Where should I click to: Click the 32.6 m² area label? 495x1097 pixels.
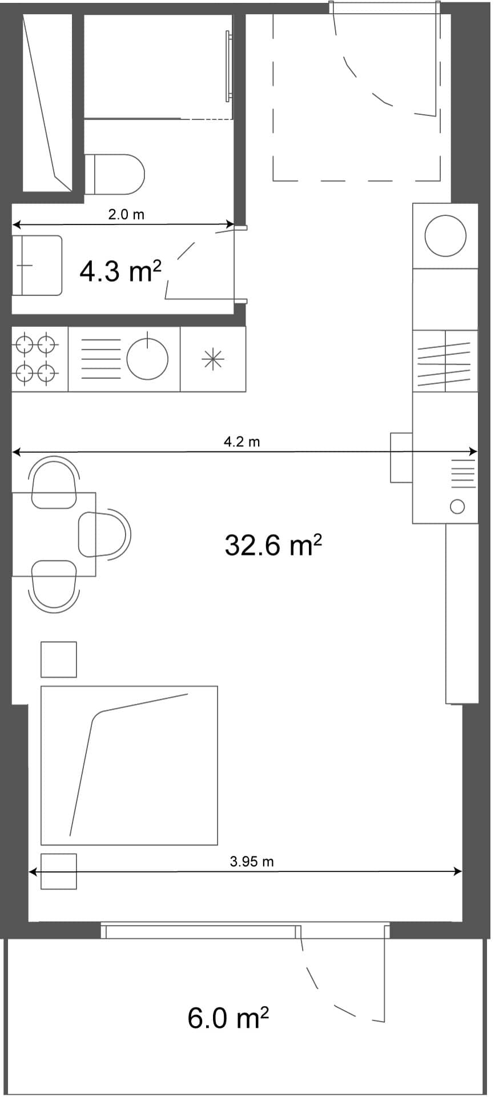point(273,546)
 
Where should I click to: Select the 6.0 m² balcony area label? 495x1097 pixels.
point(228,1018)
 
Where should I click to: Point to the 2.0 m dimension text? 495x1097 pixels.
point(126,215)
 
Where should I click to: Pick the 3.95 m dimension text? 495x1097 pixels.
point(251,862)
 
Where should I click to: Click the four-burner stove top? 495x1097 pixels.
point(36,359)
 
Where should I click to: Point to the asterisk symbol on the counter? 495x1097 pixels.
point(213,359)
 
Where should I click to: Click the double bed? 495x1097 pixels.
point(129,765)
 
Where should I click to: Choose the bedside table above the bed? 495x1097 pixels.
point(59,659)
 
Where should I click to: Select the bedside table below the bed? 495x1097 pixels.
point(59,871)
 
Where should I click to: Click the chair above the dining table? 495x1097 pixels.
point(54,481)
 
